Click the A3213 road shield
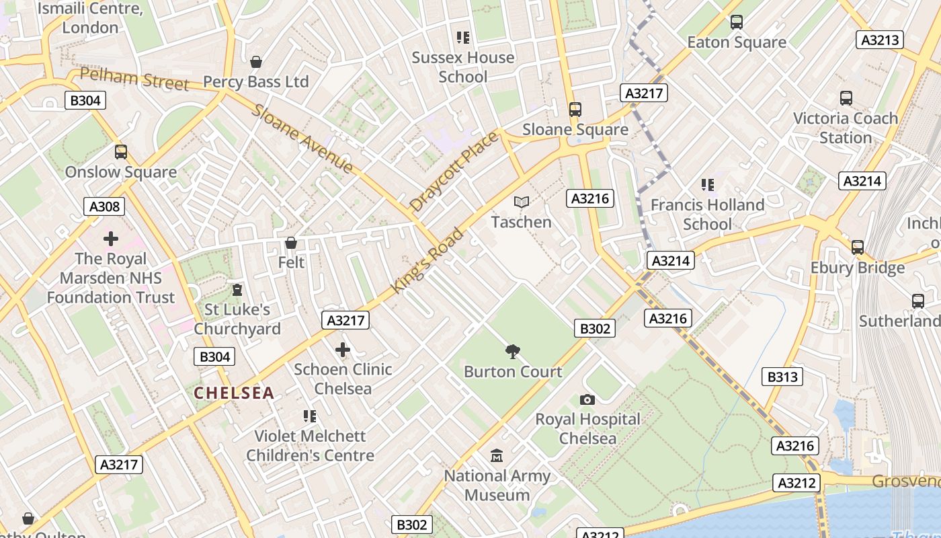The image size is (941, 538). click(x=880, y=40)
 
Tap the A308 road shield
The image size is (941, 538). click(x=104, y=206)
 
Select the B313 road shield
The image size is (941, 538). click(x=782, y=377)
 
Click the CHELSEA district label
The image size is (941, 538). click(x=234, y=393)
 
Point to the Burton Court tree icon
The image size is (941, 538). click(x=513, y=351)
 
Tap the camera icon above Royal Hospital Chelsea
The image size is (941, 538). click(x=587, y=399)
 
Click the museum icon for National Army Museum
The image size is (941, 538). click(x=497, y=456)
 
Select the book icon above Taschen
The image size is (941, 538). click(x=521, y=202)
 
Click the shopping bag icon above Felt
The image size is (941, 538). click(x=291, y=242)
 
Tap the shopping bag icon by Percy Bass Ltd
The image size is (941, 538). click(x=255, y=62)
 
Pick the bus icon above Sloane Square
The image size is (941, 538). click(x=575, y=109)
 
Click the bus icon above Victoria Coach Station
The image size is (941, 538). click(x=846, y=98)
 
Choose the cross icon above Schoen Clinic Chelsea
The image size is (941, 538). click(x=343, y=349)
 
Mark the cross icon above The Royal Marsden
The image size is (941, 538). click(x=111, y=239)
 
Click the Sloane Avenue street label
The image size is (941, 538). click(x=302, y=139)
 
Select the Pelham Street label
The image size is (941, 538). click(x=134, y=78)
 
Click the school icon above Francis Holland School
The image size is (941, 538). click(x=707, y=184)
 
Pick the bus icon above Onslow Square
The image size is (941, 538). click(x=120, y=152)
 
